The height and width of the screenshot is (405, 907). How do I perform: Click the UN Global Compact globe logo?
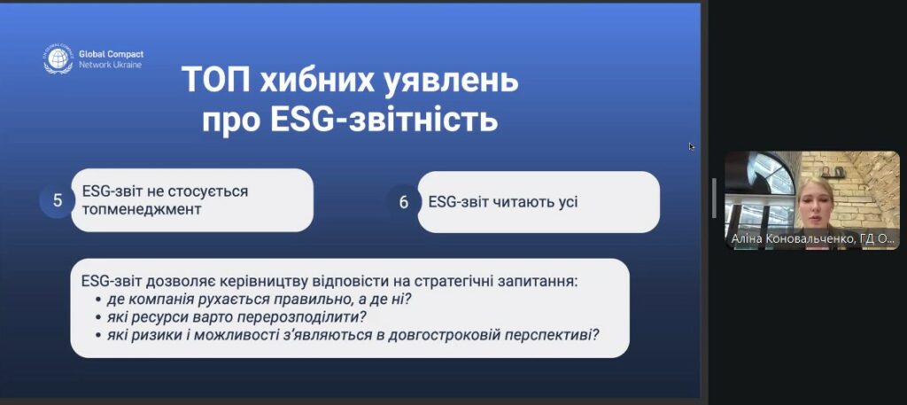(58, 58)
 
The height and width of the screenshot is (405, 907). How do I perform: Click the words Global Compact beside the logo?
(111, 54)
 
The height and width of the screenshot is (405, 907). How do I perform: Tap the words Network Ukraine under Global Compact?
(110, 65)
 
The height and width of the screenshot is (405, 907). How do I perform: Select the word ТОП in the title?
(216, 81)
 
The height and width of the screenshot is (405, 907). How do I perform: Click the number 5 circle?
(58, 201)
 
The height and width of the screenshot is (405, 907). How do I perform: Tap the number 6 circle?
(404, 202)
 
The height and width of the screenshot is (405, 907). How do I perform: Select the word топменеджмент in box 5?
(142, 209)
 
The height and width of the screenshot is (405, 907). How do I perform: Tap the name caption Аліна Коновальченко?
(794, 238)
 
